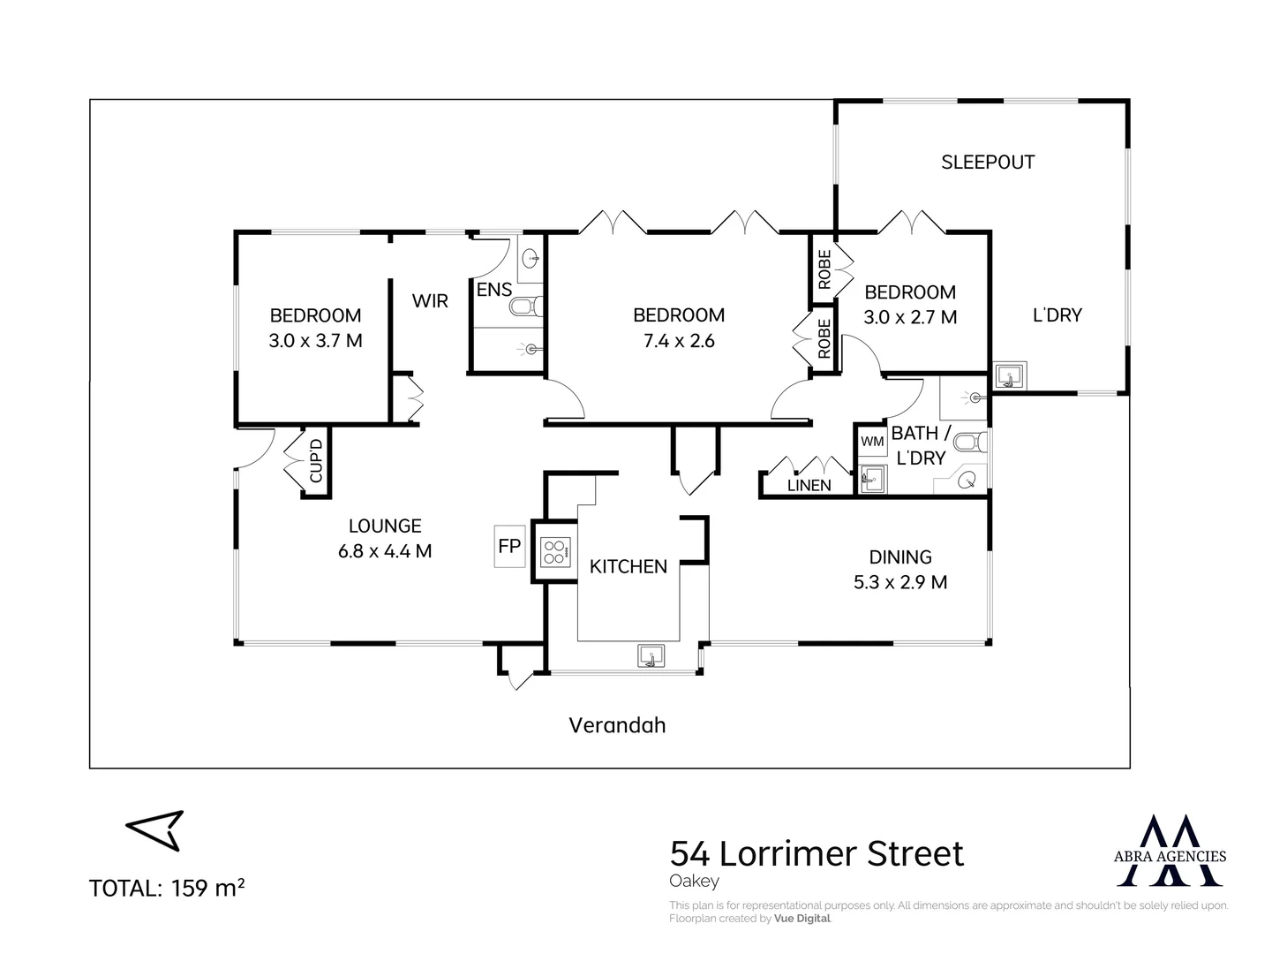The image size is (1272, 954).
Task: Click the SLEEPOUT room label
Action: (988, 163)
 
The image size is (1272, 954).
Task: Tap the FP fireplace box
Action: (509, 546)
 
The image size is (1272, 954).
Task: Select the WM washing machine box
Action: (872, 442)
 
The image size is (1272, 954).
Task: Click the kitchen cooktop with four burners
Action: (554, 551)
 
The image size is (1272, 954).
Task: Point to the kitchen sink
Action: (651, 656)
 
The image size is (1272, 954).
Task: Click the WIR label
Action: (430, 301)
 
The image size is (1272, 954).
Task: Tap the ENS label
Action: (493, 290)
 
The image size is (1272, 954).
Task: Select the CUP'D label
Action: (316, 460)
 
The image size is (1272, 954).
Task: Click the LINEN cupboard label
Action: (809, 486)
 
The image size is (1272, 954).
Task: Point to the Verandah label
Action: (617, 725)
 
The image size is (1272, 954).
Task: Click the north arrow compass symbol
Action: (154, 830)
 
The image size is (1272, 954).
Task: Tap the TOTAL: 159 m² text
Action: (167, 888)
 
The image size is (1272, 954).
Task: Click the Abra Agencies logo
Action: (1170, 851)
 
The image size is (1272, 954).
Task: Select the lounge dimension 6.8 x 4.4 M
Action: (385, 551)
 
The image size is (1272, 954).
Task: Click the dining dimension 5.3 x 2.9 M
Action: (900, 582)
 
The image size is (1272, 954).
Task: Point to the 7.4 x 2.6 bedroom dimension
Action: (679, 340)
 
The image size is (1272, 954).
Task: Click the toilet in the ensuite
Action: (526, 307)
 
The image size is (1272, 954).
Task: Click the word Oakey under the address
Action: (694, 882)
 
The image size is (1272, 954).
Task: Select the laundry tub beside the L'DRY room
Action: (1010, 375)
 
